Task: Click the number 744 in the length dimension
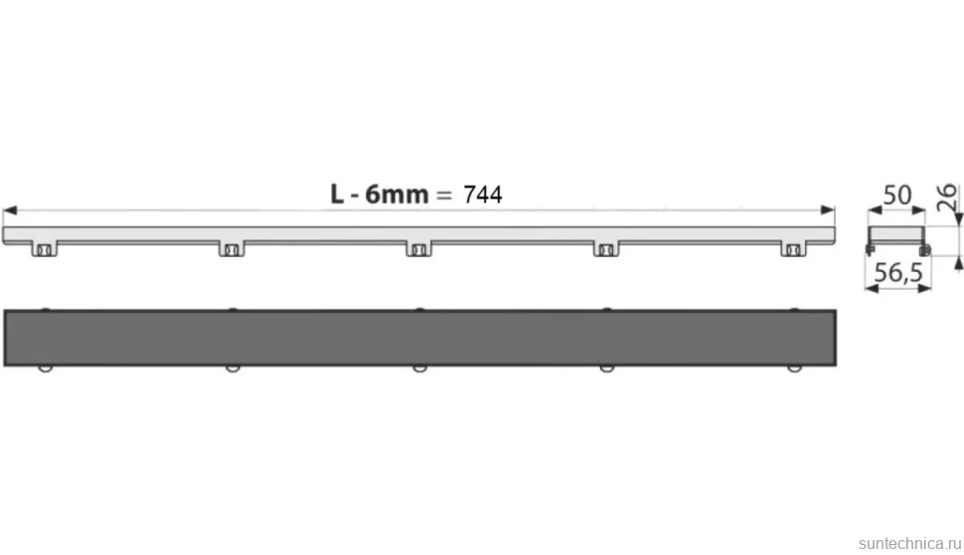pos(483,195)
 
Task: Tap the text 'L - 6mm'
pos(380,194)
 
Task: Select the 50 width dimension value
pos(897,196)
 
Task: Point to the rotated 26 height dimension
pos(947,197)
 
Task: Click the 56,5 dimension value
pos(898,273)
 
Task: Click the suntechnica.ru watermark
pos(909,543)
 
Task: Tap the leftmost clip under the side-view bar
pos(45,248)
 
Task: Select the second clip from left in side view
pos(232,248)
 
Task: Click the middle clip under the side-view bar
pos(418,248)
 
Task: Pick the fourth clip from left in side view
pos(606,248)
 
